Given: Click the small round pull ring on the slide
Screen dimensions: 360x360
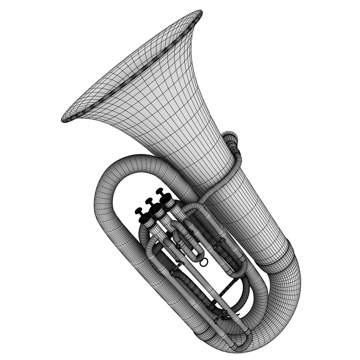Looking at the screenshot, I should coord(204,263).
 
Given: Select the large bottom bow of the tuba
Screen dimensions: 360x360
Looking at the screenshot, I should coord(283,300).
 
